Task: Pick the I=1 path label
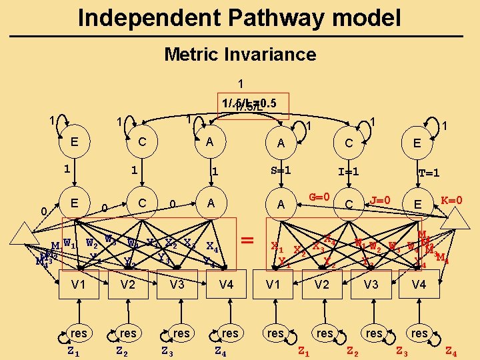click(x=349, y=171)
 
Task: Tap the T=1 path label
click(x=428, y=173)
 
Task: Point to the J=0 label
click(x=380, y=199)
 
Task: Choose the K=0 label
click(x=453, y=199)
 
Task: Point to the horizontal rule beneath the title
click(x=240, y=36)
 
